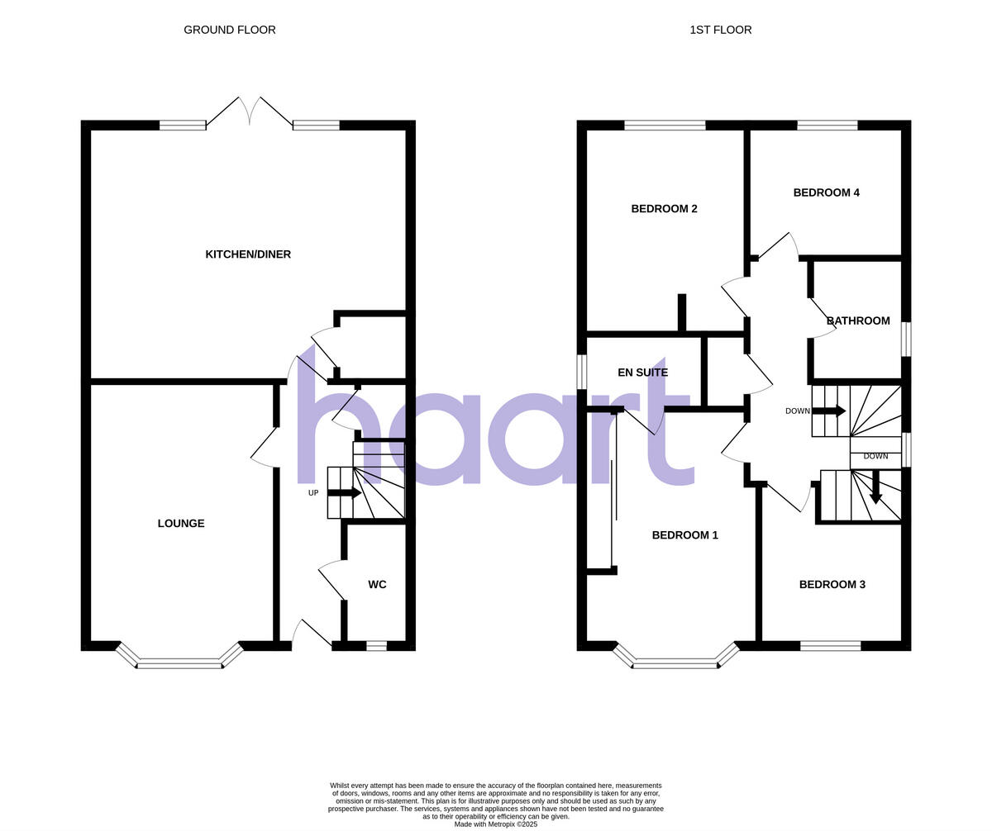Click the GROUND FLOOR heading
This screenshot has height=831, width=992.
pyautogui.click(x=230, y=30)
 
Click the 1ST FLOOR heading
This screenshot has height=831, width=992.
pyautogui.click(x=720, y=30)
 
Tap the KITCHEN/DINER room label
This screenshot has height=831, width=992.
pyautogui.click(x=248, y=254)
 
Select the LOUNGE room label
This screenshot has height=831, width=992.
pyautogui.click(x=181, y=524)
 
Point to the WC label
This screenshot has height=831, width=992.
pyautogui.click(x=377, y=585)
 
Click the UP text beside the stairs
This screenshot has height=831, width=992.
pyautogui.click(x=313, y=493)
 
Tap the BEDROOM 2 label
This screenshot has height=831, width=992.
pyautogui.click(x=664, y=209)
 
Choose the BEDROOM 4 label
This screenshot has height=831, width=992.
pyautogui.click(x=826, y=193)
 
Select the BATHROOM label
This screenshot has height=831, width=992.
pyautogui.click(x=858, y=321)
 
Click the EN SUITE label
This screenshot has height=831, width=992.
pyautogui.click(x=642, y=373)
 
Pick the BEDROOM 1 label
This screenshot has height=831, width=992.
pyautogui.click(x=684, y=535)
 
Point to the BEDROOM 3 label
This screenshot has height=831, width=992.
pyautogui.click(x=832, y=585)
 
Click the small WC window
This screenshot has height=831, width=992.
pyautogui.click(x=376, y=646)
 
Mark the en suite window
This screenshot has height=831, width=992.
pyautogui.click(x=582, y=372)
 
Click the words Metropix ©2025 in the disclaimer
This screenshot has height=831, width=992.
pyautogui.click(x=511, y=824)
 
